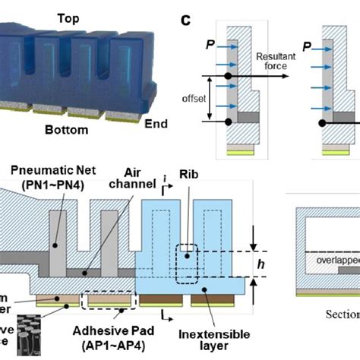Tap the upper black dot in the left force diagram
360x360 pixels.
[228, 77]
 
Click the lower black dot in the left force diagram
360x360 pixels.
[228, 122]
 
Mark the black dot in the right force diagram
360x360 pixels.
[323, 122]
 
